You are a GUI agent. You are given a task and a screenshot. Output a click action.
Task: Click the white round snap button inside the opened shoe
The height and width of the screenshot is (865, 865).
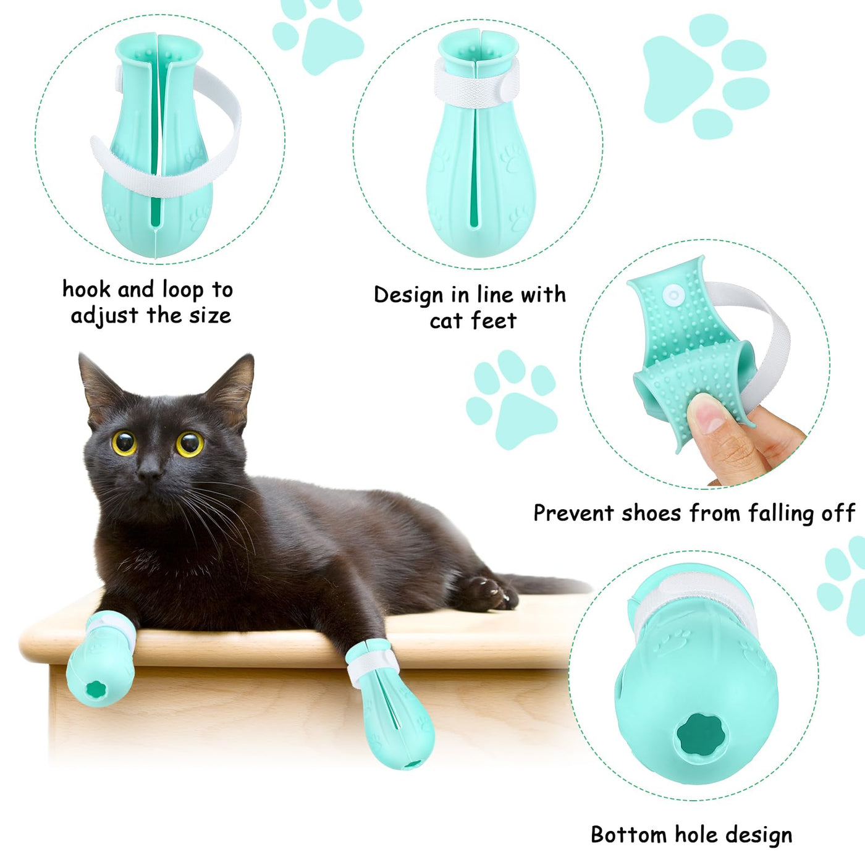pyautogui.click(x=673, y=295)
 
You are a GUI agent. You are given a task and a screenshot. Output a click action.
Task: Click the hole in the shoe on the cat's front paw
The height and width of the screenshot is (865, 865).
pyautogui.click(x=95, y=688)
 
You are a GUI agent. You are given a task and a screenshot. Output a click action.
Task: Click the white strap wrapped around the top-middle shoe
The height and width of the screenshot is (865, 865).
pyautogui.click(x=477, y=83)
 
